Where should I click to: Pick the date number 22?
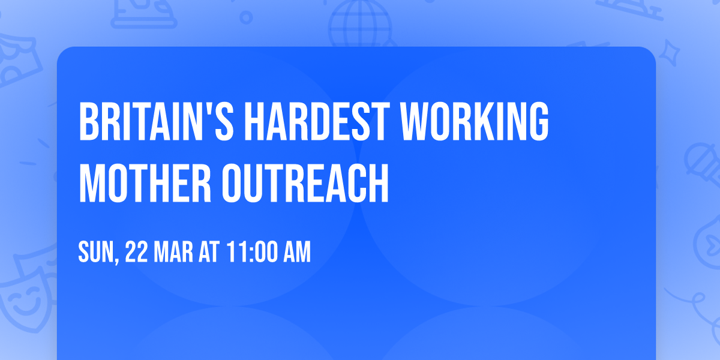(x=137, y=253)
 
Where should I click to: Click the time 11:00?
(x=252, y=253)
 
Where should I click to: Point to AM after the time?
(x=298, y=253)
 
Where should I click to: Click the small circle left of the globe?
(x=247, y=19)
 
